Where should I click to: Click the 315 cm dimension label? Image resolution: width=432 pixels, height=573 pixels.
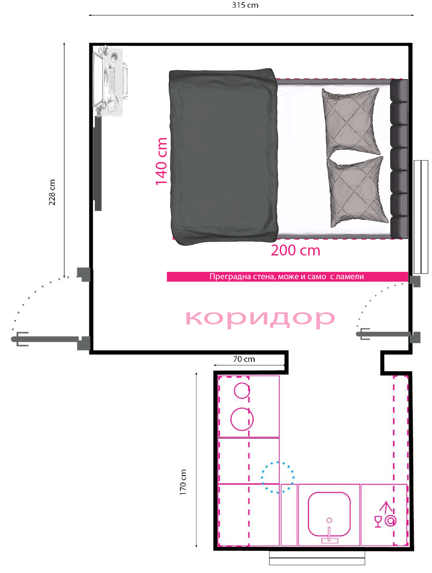(x=245, y=5)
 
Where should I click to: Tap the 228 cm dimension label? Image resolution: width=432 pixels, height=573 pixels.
(x=52, y=192)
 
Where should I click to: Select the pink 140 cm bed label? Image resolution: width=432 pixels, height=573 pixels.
(x=161, y=161)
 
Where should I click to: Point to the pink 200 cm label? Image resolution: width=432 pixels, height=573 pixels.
(x=295, y=250)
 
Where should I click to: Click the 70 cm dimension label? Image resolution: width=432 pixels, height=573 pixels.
(x=244, y=359)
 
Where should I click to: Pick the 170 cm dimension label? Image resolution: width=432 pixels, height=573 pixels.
(x=183, y=482)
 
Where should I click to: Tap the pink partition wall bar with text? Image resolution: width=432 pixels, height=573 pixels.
(x=287, y=276)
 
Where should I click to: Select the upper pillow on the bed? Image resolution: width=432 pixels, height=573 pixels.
(x=351, y=122)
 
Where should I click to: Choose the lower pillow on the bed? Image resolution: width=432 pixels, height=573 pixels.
(x=357, y=192)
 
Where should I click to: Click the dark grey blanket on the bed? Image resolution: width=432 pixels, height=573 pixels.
(x=224, y=157)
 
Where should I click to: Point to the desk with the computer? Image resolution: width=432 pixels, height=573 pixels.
(x=110, y=81)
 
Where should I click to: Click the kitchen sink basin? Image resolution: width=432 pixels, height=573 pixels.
(x=329, y=514)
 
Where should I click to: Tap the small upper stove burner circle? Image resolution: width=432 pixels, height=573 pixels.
(x=242, y=391)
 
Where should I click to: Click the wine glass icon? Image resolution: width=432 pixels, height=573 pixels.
(x=378, y=521)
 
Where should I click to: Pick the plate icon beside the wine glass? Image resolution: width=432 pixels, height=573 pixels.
(x=390, y=521)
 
